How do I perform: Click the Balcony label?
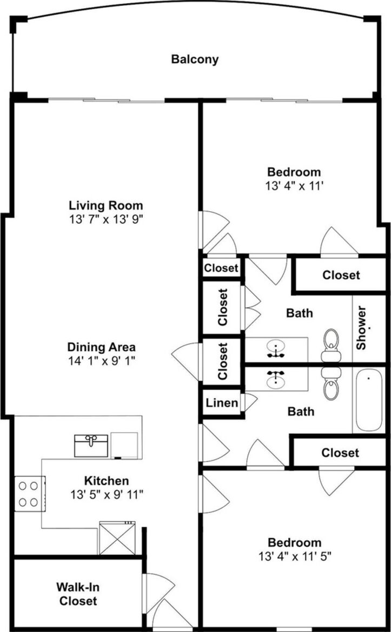(195, 59)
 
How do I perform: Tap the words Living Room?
(106, 206)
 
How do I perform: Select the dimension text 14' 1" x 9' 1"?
(101, 360)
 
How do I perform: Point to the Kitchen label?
(107, 480)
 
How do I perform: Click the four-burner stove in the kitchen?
(29, 494)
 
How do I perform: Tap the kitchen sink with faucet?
(91, 446)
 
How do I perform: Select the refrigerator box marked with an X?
(117, 538)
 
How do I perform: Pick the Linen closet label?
(222, 402)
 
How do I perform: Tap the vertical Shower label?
(361, 328)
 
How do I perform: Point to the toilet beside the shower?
(332, 345)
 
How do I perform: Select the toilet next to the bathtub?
(332, 384)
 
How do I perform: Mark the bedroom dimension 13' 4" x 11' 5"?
(295, 556)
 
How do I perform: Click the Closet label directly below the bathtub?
(340, 453)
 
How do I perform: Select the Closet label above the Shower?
(341, 275)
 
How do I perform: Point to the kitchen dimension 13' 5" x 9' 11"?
(107, 495)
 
